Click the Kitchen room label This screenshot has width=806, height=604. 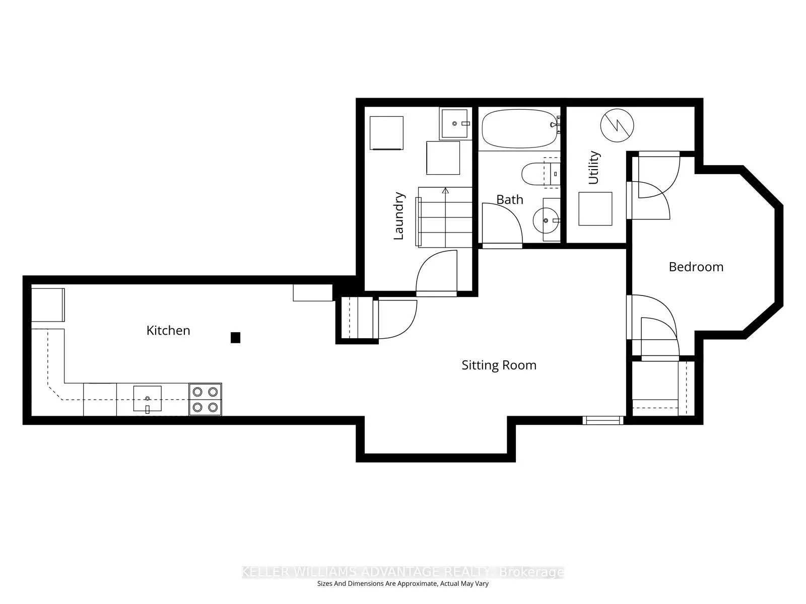coord(168,331)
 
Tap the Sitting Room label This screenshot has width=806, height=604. coord(499,365)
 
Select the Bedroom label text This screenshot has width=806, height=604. coord(696,267)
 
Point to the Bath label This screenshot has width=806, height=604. coord(510,200)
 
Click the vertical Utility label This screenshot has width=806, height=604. coord(594,168)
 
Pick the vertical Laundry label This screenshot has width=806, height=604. coord(398,215)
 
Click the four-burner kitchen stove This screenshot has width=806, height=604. coord(205,400)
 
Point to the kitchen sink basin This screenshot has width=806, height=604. coord(147,399)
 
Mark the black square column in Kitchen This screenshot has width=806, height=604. coord(235,338)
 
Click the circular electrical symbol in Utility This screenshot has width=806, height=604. coord(617,125)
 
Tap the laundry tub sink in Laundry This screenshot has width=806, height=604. coord(455,123)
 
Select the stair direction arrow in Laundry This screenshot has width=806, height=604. coord(445,191)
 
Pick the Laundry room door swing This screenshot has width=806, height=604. coord(436,272)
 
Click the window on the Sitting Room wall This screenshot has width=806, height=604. coord(602,420)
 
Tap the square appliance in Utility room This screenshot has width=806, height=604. coord(595,208)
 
